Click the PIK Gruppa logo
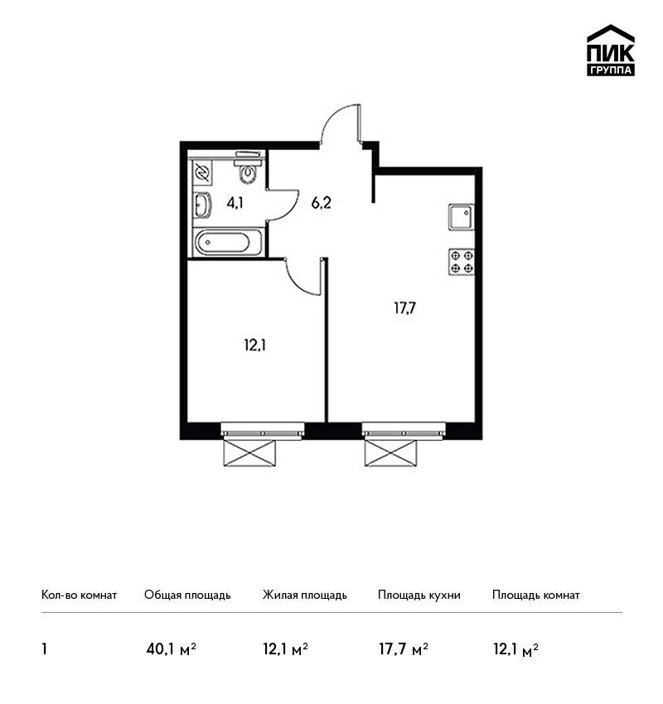click(x=611, y=51)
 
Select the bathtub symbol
click(x=228, y=242)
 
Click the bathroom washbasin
click(x=202, y=205)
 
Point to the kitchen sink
click(x=462, y=217)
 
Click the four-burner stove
click(x=462, y=262)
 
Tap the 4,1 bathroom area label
click(x=235, y=204)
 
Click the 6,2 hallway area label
click(x=322, y=204)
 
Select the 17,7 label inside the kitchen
click(x=404, y=308)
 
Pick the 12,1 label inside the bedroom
click(x=254, y=345)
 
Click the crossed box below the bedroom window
click(x=249, y=453)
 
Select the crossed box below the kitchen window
click(x=390, y=453)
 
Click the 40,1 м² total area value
click(x=172, y=649)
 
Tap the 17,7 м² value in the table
click(x=404, y=649)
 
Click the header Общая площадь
click(x=187, y=595)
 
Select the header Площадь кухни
click(x=419, y=595)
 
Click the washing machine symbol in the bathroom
click(x=202, y=172)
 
